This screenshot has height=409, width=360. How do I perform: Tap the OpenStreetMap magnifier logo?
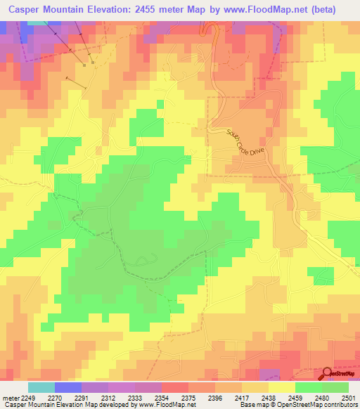[x=328, y=373]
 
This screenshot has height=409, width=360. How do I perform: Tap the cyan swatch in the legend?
[x=41, y=387]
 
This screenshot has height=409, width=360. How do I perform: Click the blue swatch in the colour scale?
[x=68, y=387]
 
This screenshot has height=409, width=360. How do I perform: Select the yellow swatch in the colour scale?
[x=281, y=387]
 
